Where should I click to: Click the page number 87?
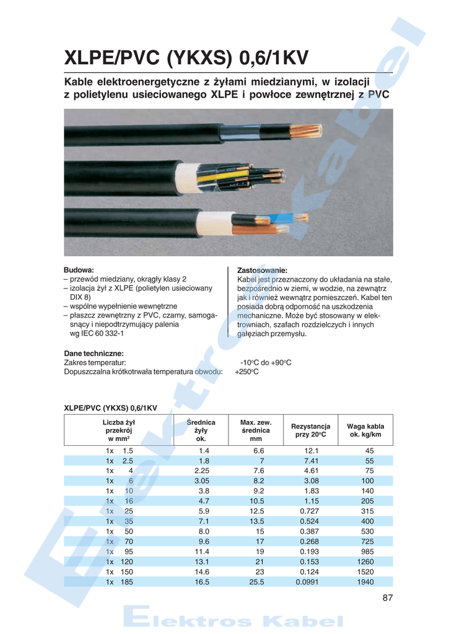pyautogui.click(x=388, y=597)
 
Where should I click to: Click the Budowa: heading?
pyautogui.click(x=79, y=271)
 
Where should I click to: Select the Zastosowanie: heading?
pyautogui.click(x=262, y=271)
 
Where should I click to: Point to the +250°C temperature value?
pyautogui.click(x=246, y=371)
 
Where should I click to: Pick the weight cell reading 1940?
pyautogui.click(x=365, y=583)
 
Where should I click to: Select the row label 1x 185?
pyautogui.click(x=119, y=583)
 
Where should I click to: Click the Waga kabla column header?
pyautogui.click(x=365, y=430)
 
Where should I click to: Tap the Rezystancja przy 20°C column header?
pyautogui.click(x=311, y=430)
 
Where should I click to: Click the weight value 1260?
pyautogui.click(x=365, y=562)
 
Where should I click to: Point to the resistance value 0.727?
pyautogui.click(x=310, y=511)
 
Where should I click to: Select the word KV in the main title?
pyautogui.click(x=289, y=59)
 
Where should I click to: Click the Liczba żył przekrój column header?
pyautogui.click(x=119, y=430)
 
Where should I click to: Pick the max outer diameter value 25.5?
pyautogui.click(x=256, y=583)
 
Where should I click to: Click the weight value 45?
pyautogui.click(x=370, y=451)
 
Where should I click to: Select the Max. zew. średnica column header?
pyautogui.click(x=256, y=430)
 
